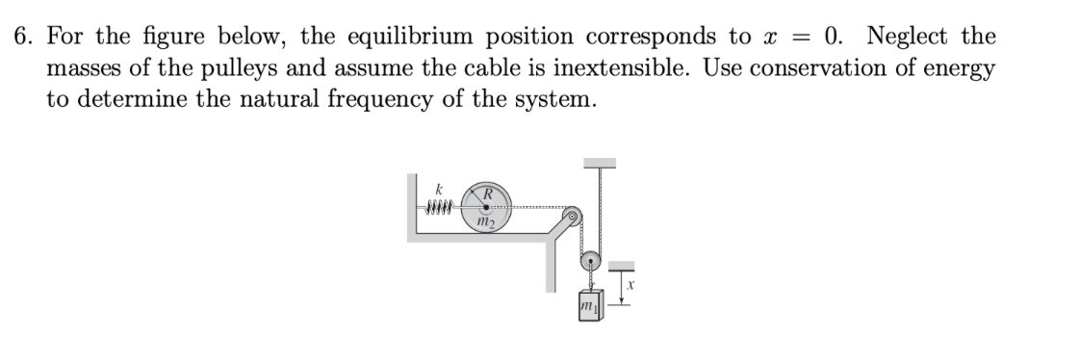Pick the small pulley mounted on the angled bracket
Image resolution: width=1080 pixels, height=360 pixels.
tap(574, 218)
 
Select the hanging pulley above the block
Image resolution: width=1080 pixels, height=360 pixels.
tap(589, 260)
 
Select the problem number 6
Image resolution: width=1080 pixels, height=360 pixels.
tap(21, 39)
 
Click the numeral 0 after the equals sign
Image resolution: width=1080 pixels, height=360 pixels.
tap(833, 39)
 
